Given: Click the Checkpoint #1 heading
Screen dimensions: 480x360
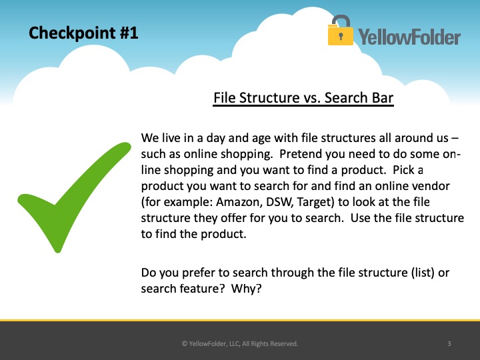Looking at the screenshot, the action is [x=83, y=33].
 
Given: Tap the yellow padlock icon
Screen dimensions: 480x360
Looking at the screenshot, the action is [x=341, y=30].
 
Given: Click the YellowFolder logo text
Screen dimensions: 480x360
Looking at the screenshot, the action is [x=409, y=37].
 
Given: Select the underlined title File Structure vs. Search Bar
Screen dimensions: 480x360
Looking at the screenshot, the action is [x=303, y=98].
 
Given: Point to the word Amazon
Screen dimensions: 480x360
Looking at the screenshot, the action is [x=238, y=203].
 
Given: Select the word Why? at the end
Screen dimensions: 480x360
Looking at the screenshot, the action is [x=247, y=289].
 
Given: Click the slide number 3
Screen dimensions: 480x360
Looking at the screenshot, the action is [x=449, y=344].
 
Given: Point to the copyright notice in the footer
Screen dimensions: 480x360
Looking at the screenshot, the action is [x=240, y=344].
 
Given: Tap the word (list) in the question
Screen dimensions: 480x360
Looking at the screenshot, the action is [x=423, y=273].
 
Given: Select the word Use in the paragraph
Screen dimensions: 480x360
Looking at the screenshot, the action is [x=360, y=218].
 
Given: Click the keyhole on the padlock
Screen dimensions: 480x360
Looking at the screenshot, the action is [x=341, y=36].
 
